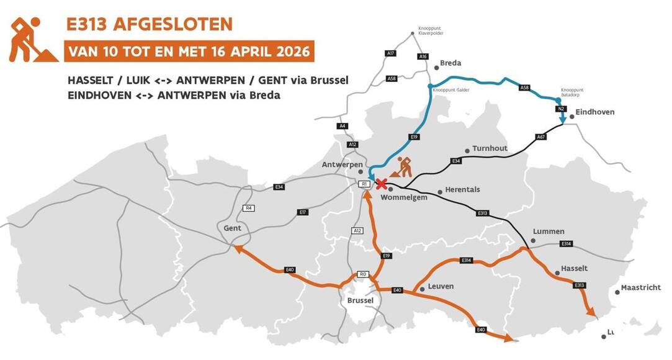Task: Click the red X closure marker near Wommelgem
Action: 382,184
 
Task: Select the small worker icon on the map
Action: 403,168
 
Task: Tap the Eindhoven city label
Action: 594,112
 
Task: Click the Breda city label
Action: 450,63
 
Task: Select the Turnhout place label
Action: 490,149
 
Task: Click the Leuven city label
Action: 441,287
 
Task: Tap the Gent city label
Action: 232,228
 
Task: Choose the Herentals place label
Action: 463,190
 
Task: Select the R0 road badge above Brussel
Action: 364,274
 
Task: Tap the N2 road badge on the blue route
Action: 560,109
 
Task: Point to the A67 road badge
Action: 540,137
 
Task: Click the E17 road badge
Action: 303,212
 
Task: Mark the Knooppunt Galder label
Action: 452,90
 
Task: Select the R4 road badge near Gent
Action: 249,208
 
